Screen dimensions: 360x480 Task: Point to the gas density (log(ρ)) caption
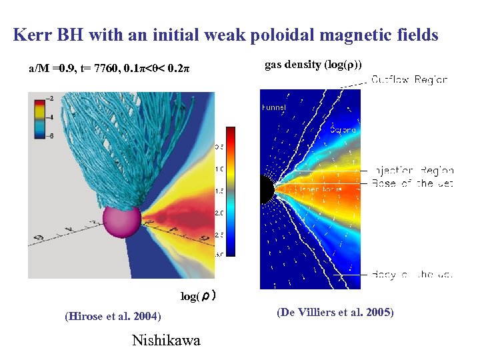[313, 65]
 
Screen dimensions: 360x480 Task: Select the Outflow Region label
[409, 79]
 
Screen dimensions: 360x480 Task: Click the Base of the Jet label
[412, 183]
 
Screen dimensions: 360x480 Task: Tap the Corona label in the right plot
[343, 130]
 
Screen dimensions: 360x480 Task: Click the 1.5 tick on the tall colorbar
[219, 191]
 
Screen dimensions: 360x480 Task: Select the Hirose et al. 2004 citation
[113, 317]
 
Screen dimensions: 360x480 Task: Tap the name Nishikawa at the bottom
[166, 341]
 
